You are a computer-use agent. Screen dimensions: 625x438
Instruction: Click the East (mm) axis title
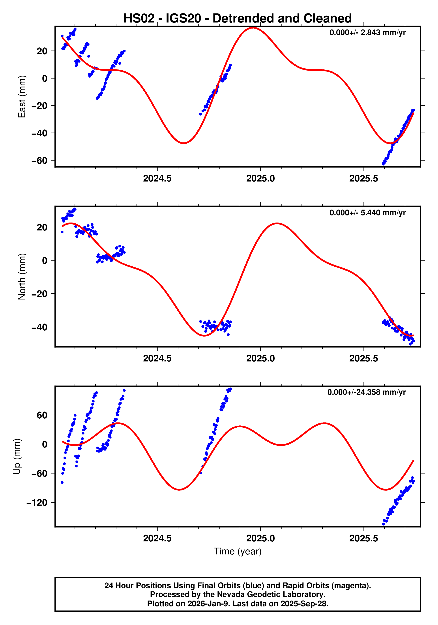coord(22,97)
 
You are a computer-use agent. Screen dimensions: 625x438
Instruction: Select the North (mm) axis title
coord(22,277)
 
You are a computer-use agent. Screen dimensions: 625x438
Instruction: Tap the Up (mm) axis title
coord(17,457)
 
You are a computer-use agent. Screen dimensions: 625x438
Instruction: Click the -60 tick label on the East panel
coord(39,161)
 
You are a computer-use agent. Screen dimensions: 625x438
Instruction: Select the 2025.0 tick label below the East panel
coord(260,179)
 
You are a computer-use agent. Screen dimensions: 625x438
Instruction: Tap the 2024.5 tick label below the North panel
coord(157,359)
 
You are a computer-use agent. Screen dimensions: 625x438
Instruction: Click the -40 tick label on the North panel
coord(39,327)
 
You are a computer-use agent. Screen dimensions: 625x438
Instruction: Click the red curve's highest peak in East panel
coord(253,28)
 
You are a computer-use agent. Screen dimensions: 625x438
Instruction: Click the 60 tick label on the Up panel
coord(42,415)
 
